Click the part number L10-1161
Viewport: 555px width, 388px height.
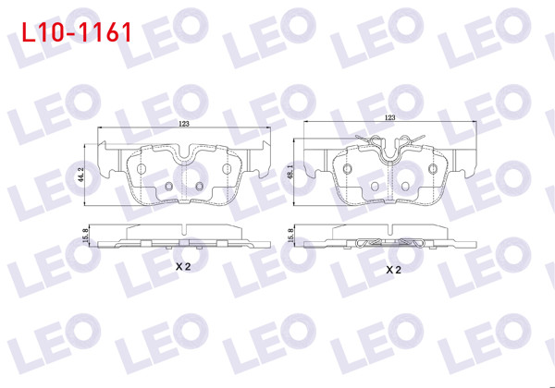pos(76,32)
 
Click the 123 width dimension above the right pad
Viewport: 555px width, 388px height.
pos(389,118)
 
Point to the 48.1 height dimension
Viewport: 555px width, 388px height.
pos(291,173)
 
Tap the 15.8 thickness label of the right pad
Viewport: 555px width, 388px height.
pos(291,237)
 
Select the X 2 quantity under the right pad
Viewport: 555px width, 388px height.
pos(392,270)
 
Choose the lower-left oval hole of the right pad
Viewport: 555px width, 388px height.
pos(375,187)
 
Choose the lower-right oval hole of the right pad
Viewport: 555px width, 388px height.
pos(405,187)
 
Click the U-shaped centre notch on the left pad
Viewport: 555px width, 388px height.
pos(184,157)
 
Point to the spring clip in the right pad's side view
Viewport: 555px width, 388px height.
pos(390,243)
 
